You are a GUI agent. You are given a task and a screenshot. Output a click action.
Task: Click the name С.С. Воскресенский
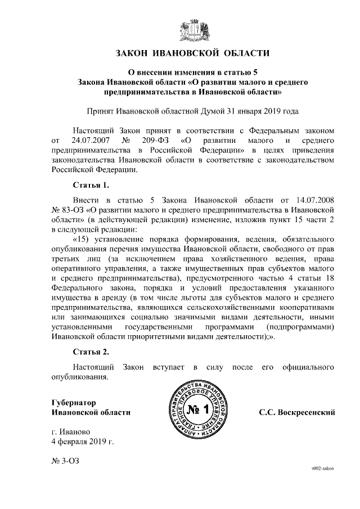click(296, 412)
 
